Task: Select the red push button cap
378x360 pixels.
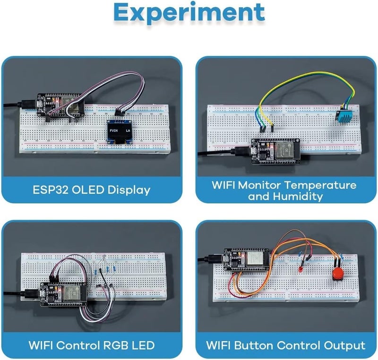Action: pyautogui.click(x=338, y=274)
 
